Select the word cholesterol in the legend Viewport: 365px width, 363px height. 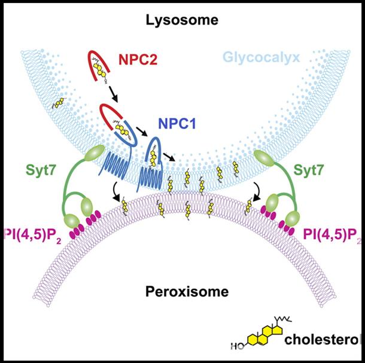[323, 341]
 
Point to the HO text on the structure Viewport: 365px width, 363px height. [238, 346]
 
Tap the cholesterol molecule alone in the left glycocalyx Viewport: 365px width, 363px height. [59, 104]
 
